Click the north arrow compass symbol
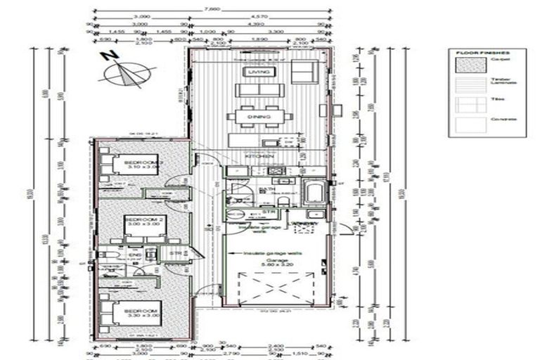pos(127,71)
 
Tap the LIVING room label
pos(253,72)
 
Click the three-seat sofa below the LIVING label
pos(257,90)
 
